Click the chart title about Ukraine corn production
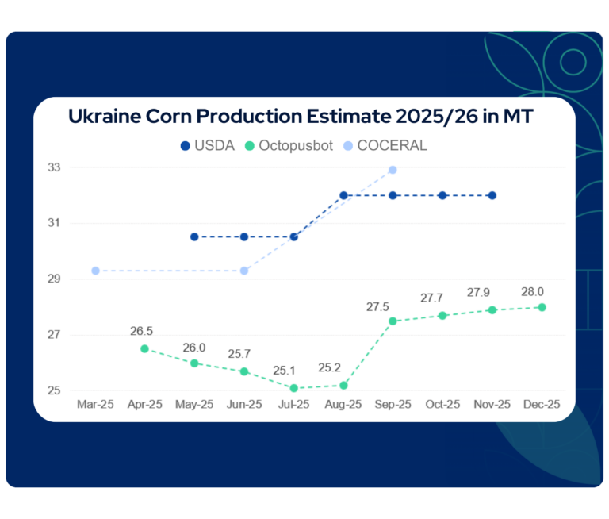pyautogui.click(x=301, y=116)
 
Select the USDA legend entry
pyautogui.click(x=208, y=146)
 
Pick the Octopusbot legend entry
pyautogui.click(x=288, y=146)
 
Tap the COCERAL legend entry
pyautogui.click(x=385, y=146)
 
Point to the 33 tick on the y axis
pyautogui.click(x=76, y=167)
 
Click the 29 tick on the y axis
pyautogui.click(x=76, y=279)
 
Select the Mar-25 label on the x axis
pyautogui.click(x=95, y=404)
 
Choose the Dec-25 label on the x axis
pyautogui.click(x=542, y=404)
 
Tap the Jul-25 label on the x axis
pyautogui.click(x=293, y=404)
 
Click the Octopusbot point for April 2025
pyautogui.click(x=144, y=348)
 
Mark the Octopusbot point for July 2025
pyautogui.click(x=293, y=388)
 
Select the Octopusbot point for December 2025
pyautogui.click(x=542, y=307)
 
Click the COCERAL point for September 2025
pyautogui.click(x=393, y=170)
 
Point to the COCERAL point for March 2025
pyautogui.click(x=95, y=271)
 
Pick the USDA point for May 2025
pyautogui.click(x=194, y=236)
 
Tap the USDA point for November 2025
pyautogui.click(x=492, y=195)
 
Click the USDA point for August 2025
pyautogui.click(x=343, y=195)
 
